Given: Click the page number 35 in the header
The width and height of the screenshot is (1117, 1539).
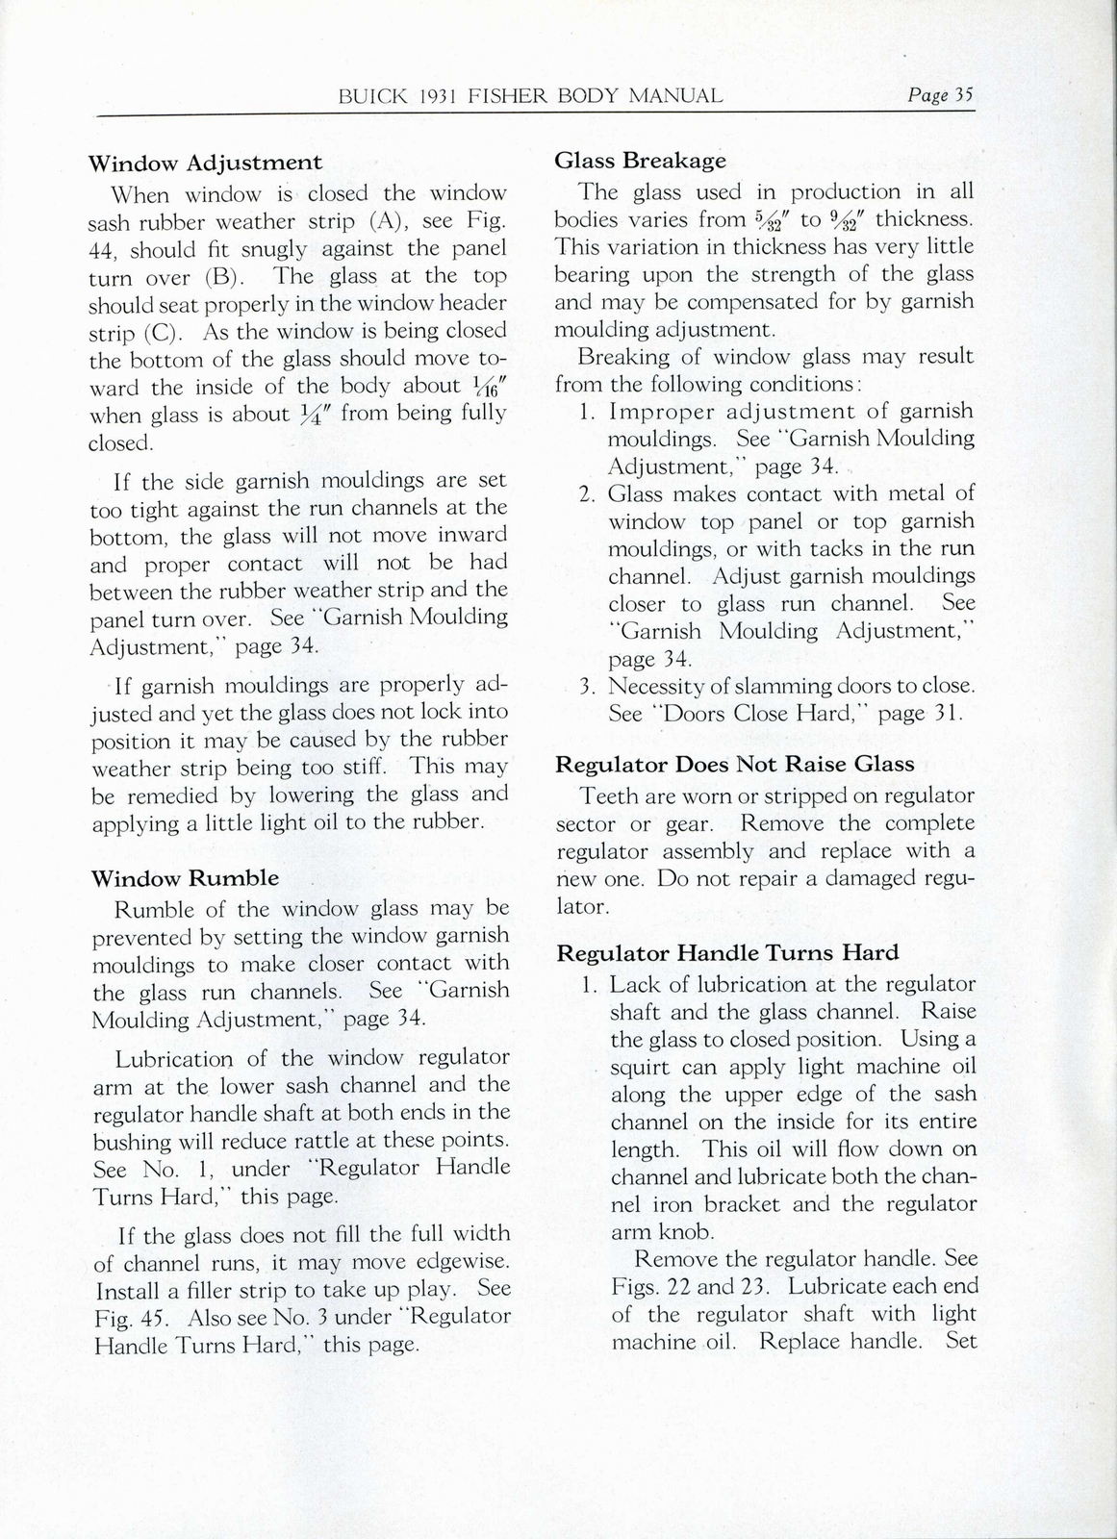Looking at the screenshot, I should [x=963, y=94].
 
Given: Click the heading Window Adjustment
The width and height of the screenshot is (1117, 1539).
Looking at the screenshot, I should [x=205, y=163].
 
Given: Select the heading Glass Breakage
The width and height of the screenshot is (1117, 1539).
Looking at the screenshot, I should [x=640, y=161].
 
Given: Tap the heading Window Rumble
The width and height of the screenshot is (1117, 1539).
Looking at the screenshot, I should [x=185, y=878].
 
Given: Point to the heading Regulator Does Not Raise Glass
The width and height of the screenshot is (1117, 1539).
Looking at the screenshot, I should [x=735, y=765].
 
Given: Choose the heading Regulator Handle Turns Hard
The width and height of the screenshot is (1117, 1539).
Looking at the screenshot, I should [x=727, y=953].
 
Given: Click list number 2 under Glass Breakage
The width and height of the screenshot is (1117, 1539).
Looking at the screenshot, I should [x=589, y=494].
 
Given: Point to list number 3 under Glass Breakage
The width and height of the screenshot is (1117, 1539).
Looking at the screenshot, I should [x=589, y=687].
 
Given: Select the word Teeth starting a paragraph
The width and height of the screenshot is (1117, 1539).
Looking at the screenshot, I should [x=608, y=796].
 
